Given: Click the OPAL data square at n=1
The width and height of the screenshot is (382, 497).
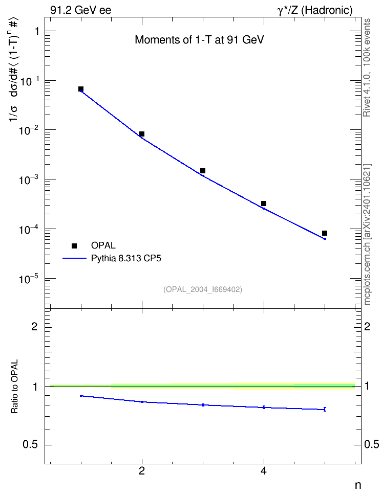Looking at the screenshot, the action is pos(81,89).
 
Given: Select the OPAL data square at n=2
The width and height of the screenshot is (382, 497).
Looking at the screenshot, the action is pos(142,134).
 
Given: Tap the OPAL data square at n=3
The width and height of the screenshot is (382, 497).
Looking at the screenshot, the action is pos(203,171).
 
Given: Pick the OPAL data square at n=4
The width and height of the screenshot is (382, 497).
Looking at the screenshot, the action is pos(264,204).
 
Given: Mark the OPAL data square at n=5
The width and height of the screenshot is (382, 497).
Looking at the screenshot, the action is pos(325,233).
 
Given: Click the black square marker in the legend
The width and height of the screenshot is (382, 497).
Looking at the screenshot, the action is pos(74,246).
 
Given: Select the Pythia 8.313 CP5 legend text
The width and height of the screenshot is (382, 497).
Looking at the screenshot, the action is pos(126,259).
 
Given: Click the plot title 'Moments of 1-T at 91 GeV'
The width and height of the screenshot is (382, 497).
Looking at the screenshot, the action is pos(199,40).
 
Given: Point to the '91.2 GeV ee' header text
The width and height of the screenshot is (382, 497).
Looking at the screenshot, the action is pos(81,10).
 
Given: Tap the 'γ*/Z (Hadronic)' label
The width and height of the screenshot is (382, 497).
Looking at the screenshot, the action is pos(315,10).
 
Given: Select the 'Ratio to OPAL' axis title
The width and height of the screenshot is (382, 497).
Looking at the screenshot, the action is pos(14,387).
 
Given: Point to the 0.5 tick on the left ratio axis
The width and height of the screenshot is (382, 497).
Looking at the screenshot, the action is pos(30,445).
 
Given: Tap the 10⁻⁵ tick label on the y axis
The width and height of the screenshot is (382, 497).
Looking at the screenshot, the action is pos(29,280).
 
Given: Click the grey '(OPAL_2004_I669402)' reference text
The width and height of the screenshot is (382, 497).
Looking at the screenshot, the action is pos(203,289).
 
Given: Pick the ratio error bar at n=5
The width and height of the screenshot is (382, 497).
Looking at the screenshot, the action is pos(325,409).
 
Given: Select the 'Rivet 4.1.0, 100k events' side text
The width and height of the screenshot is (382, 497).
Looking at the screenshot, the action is pos(367,68).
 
